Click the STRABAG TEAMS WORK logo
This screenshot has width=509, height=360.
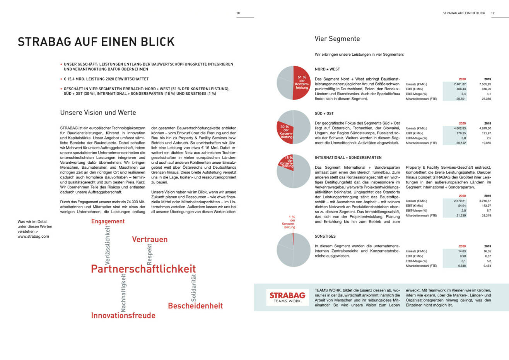point(287,297)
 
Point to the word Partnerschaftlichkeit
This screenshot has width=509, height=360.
point(143,269)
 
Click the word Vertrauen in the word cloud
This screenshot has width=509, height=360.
point(150,239)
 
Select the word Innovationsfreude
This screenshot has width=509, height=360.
point(123,315)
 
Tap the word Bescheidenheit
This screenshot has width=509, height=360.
point(195,306)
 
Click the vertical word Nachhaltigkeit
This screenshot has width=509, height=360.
point(123,293)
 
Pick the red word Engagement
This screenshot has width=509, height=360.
point(108,221)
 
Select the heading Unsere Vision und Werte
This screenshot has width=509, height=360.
point(98,113)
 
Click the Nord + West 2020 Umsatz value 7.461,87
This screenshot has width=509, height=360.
point(459,84)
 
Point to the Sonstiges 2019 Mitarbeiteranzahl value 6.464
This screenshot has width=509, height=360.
point(487,266)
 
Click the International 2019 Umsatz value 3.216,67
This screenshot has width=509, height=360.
point(485,201)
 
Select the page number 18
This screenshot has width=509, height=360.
point(238,13)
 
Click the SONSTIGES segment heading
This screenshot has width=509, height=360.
point(325,236)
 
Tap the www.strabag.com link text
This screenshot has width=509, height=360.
point(33,236)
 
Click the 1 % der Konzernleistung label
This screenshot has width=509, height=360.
point(289,222)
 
